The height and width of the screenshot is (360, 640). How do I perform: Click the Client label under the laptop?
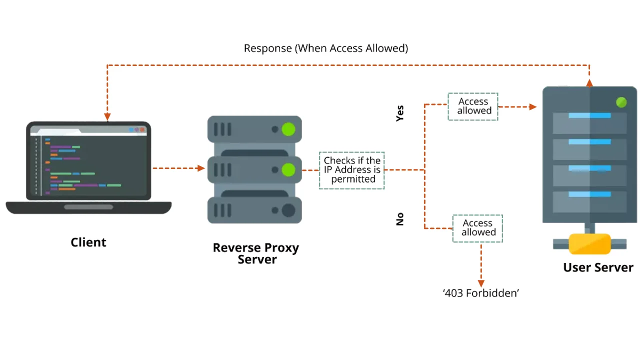tap(88, 242)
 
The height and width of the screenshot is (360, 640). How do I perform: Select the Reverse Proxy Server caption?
tap(255, 253)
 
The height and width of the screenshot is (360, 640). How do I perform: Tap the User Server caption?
tap(598, 267)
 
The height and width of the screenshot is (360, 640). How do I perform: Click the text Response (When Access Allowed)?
tap(325, 48)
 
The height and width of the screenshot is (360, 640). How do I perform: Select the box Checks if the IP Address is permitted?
tap(352, 170)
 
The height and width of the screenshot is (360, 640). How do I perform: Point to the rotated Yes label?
tap(400, 113)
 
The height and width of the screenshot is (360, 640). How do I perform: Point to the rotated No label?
tap(400, 219)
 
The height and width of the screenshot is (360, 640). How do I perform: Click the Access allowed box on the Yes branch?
tap(473, 106)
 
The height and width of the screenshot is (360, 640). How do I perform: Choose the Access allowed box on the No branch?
tap(477, 228)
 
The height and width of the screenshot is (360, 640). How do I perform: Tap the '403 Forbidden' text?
tap(480, 293)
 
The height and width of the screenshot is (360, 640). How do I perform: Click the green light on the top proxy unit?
tap(288, 129)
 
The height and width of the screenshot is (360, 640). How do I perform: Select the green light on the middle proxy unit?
tap(288, 170)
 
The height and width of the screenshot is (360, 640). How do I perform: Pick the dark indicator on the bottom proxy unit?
tap(288, 210)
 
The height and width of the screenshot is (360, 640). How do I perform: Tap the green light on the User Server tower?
tap(621, 102)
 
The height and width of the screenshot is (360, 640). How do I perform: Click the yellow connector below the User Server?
tap(590, 244)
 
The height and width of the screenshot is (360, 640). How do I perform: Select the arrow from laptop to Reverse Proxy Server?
tap(178, 168)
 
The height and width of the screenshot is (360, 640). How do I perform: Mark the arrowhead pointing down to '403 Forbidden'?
tap(481, 283)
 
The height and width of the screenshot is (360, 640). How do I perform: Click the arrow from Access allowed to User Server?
tap(517, 106)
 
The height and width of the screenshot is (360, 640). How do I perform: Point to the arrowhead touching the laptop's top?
tap(107, 117)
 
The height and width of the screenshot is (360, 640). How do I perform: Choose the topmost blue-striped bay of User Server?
tap(589, 123)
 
